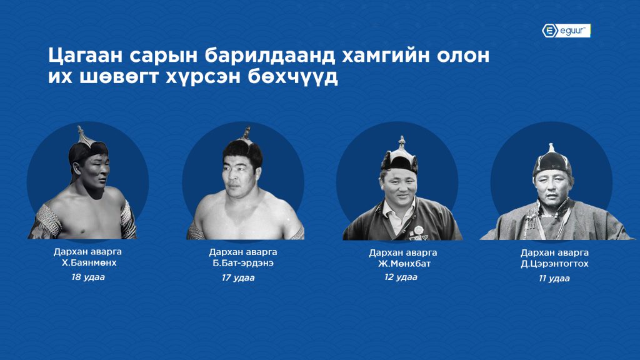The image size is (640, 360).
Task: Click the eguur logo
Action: (566, 31)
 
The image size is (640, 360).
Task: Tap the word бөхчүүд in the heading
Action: (292, 77)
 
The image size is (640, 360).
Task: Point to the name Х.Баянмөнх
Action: (89, 263)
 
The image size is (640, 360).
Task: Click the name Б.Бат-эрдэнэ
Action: (243, 263)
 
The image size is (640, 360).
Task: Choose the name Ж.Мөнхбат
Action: (404, 264)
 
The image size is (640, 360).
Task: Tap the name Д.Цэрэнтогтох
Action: (555, 264)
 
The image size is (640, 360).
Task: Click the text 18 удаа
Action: (88, 277)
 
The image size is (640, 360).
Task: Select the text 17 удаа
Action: (238, 278)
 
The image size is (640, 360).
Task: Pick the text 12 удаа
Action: (401, 277)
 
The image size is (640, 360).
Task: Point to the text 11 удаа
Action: (554, 278)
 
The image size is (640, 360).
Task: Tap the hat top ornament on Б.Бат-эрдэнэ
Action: (246, 132)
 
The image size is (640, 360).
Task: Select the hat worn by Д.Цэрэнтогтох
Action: (552, 162)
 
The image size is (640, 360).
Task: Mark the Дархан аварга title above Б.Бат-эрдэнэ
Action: (243, 252)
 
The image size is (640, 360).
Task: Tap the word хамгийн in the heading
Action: (385, 56)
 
